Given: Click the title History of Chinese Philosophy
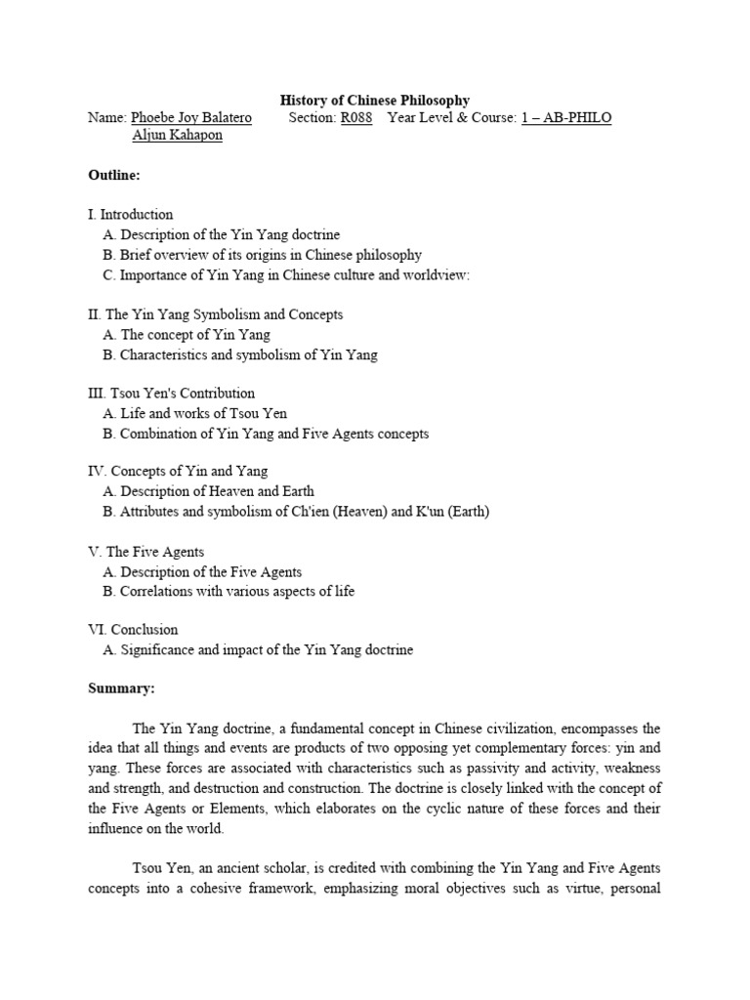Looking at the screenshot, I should (x=375, y=100).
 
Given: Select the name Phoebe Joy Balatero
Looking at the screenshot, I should (x=191, y=117).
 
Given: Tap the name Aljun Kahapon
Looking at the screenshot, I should (x=177, y=135).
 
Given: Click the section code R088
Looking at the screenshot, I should (x=356, y=117).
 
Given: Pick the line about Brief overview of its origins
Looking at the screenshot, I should (x=262, y=254).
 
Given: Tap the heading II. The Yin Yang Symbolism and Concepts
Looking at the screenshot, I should (x=215, y=314).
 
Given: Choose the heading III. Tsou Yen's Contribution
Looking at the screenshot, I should (x=171, y=393).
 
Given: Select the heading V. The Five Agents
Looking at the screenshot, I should (x=146, y=552).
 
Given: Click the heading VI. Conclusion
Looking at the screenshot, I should (x=133, y=630).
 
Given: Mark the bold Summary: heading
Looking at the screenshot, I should (x=121, y=688).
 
